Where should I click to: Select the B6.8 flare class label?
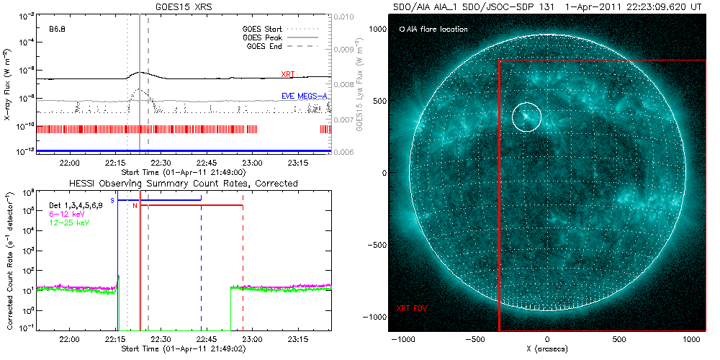point(58,30)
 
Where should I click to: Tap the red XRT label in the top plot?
point(288,73)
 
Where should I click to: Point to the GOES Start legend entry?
point(264,30)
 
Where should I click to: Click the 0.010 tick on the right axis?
point(346,17)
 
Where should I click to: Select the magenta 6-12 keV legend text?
point(66,213)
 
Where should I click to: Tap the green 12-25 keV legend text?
point(68,222)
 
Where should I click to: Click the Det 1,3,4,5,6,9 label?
point(76,205)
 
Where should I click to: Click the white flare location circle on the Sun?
point(526,116)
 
